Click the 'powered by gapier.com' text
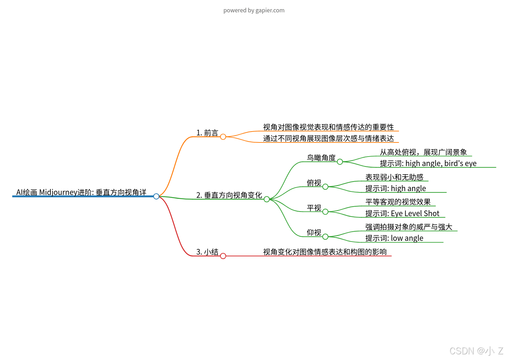point(254,10)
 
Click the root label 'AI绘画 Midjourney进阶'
point(81,192)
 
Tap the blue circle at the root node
point(156,196)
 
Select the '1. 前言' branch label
point(207,133)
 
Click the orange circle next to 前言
point(223,137)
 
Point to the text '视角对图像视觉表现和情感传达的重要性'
point(328,127)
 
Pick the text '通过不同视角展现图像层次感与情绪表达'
point(328,138)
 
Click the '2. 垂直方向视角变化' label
point(229,195)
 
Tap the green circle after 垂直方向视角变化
point(267,199)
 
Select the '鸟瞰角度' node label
point(321,158)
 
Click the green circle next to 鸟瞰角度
point(340,162)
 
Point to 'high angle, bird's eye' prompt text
point(441,163)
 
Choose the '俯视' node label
point(314,183)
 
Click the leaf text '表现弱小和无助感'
point(394,177)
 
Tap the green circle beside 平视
point(325,212)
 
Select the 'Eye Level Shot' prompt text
point(415,213)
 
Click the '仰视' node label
point(314,232)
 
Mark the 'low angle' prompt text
point(407,238)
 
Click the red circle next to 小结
point(223,256)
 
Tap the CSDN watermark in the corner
point(476,351)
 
